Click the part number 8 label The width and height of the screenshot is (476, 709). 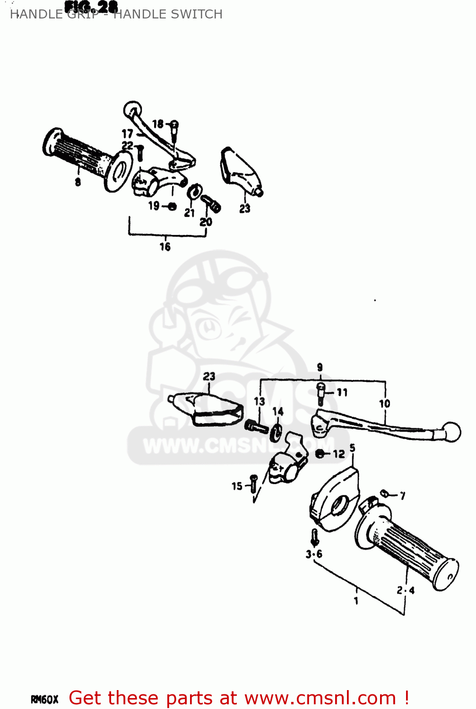click(78, 182)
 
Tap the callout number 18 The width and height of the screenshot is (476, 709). click(157, 124)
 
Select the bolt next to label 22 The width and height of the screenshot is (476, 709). click(140, 153)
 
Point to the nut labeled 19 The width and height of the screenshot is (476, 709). click(172, 206)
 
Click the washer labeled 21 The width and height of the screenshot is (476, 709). click(193, 192)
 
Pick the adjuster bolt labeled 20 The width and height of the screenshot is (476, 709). click(211, 204)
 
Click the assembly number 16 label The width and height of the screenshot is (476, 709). click(164, 246)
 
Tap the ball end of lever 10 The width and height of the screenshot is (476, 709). click(451, 432)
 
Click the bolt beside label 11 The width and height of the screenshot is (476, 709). click(321, 393)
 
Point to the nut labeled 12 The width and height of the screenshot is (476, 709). click(320, 454)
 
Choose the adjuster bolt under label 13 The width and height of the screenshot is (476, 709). click(256, 427)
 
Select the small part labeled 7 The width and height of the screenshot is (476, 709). click(385, 494)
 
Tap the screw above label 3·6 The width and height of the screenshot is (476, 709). click(314, 537)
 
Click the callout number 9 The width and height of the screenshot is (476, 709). click(320, 367)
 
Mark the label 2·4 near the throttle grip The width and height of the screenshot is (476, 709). click(406, 590)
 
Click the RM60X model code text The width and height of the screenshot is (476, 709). click(44, 699)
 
